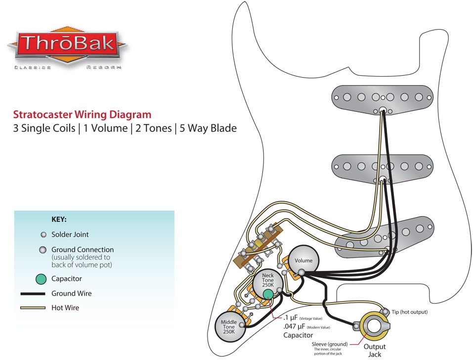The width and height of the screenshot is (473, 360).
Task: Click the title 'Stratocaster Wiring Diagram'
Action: [82, 115]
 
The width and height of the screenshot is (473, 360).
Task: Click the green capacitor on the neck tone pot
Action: [268, 295]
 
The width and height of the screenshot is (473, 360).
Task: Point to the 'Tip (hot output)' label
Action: [409, 312]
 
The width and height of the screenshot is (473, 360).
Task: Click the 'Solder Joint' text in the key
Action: [70, 234]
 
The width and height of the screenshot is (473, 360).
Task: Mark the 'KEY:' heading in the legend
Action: [59, 219]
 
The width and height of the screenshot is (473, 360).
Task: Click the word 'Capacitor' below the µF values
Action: [298, 335]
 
